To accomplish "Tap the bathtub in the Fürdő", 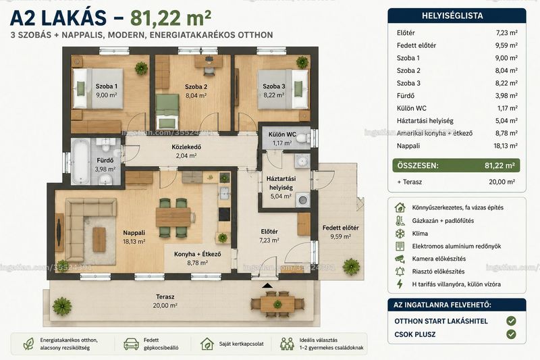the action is pos(80,161).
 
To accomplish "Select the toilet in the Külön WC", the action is pos(302,138).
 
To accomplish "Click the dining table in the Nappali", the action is pos(173,217).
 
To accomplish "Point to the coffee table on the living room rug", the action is pos(99,239).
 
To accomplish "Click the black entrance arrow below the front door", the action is pos(267,286).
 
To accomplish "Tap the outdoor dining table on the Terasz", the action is pos(277,304).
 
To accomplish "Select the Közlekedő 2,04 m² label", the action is pos(186,151).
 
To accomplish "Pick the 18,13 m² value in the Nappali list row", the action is pos(506,146).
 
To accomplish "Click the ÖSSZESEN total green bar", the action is pos(456,165).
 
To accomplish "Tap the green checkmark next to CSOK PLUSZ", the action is pos(511,334).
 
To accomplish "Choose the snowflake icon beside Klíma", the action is pos(400,234).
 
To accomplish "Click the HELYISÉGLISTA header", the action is pos(452,16).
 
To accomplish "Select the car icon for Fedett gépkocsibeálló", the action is pos(131,344).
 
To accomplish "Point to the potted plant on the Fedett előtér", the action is pos(351,266).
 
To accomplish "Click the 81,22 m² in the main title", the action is pos(171,18).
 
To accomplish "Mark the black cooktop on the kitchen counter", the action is pos(224,214).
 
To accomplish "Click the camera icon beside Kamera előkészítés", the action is pos(400,259).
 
